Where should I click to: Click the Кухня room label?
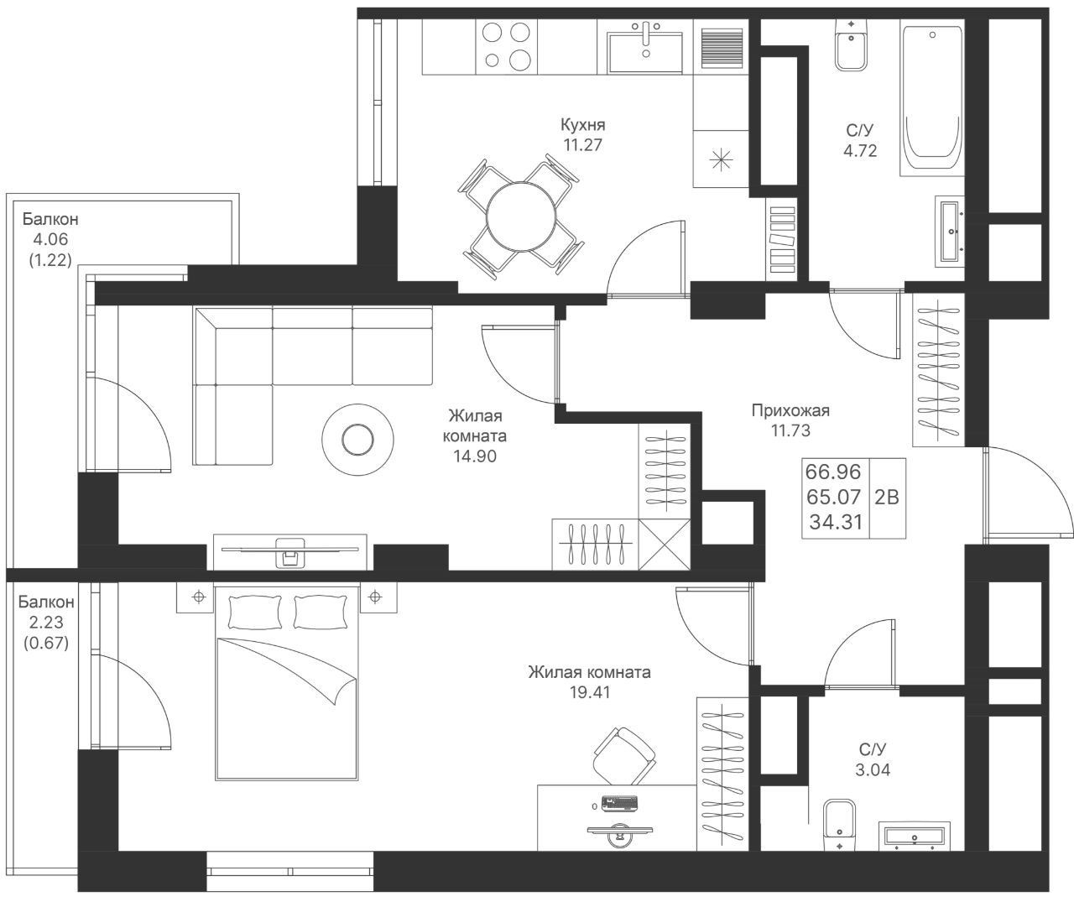[x=583, y=125]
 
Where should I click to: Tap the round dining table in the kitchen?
[x=522, y=216]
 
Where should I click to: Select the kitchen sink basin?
[x=644, y=52]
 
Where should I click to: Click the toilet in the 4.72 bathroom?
[x=852, y=45]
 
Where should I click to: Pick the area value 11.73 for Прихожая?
[x=790, y=430]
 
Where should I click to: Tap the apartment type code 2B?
[x=887, y=497]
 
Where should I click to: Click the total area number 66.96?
[x=833, y=472]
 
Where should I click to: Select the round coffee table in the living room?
[x=357, y=440]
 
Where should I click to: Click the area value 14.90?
[x=475, y=456]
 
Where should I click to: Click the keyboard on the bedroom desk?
[x=619, y=803]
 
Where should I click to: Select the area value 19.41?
[x=590, y=692]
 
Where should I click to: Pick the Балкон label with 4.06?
[x=50, y=219]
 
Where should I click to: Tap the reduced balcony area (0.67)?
[x=46, y=644]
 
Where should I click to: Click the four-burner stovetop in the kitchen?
[x=506, y=46]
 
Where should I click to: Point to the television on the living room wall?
[x=290, y=551]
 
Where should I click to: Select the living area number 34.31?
[x=836, y=522]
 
